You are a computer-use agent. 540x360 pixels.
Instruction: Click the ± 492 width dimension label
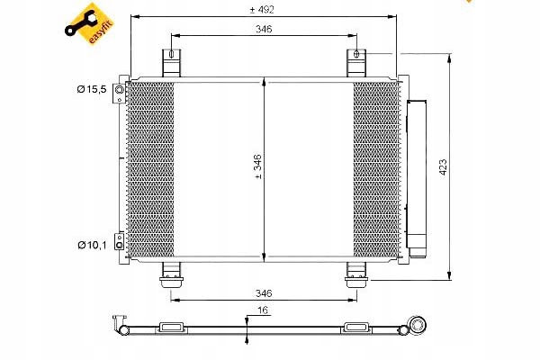pyautogui.click(x=262, y=10)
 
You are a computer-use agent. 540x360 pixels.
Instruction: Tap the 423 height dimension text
pyautogui.click(x=443, y=167)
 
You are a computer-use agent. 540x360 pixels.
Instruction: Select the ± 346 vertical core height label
pyautogui.click(x=257, y=166)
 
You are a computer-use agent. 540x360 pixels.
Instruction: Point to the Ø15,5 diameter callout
pyautogui.click(x=92, y=90)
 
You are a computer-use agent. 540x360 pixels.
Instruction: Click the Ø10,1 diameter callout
pyautogui.click(x=92, y=245)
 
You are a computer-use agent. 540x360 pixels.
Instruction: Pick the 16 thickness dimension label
pyautogui.click(x=263, y=310)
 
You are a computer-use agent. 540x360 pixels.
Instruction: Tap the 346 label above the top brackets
pyautogui.click(x=264, y=29)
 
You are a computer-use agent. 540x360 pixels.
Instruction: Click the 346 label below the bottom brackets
pyautogui.click(x=264, y=293)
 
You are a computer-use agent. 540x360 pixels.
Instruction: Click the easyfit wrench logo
pyautogui.click(x=89, y=24)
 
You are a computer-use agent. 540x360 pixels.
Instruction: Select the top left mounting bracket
pyautogui.click(x=172, y=63)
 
